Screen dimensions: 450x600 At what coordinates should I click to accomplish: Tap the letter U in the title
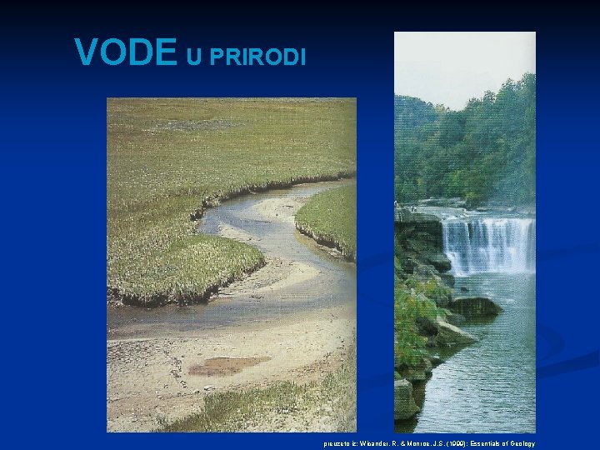click(x=192, y=56)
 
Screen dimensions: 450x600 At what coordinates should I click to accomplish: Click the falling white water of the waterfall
click(x=487, y=244)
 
